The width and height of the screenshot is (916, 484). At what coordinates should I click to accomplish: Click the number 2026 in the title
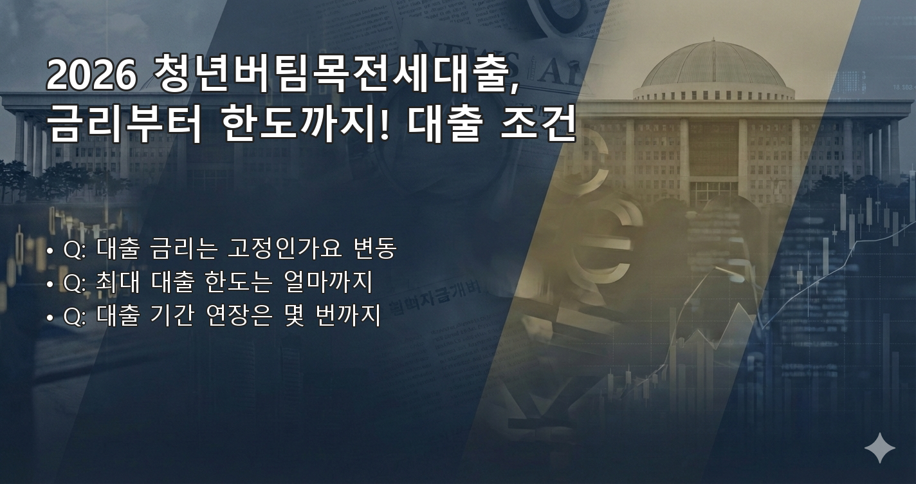[x=91, y=75]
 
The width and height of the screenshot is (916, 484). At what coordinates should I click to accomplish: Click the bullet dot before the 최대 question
[x=50, y=284]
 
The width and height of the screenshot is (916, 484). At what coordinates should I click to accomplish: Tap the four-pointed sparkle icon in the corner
[x=879, y=448]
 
